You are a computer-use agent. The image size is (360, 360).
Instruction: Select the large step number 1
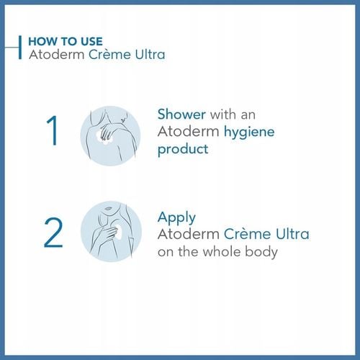53,131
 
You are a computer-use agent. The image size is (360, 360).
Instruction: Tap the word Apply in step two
176,217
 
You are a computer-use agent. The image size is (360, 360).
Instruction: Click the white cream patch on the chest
117,232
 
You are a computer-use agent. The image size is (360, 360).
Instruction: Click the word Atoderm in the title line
51,55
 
